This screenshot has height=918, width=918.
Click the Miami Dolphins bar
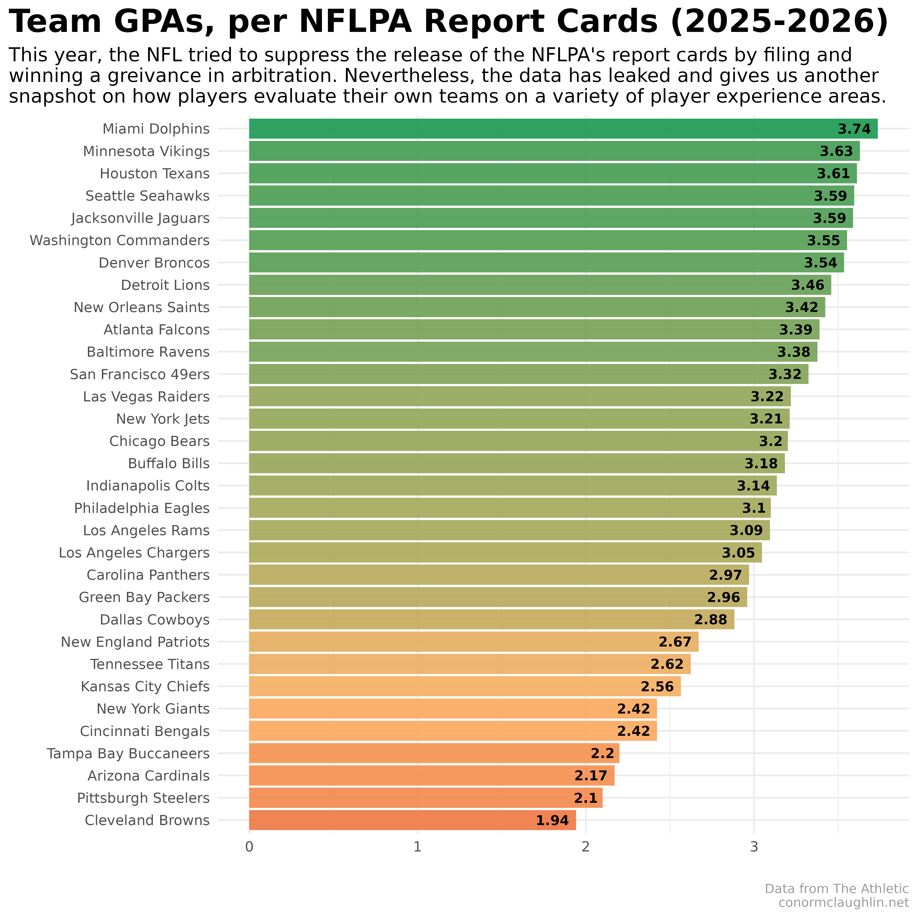click(563, 129)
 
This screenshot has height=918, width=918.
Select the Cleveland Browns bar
click(412, 820)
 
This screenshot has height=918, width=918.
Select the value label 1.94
click(552, 821)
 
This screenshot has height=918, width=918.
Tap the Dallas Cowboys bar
click(491, 620)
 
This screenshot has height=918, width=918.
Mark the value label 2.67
click(675, 642)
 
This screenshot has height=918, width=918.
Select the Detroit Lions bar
click(540, 285)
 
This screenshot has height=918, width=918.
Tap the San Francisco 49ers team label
click(140, 374)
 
